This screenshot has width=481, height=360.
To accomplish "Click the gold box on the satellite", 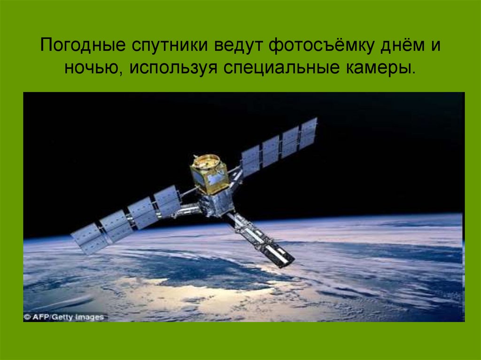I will click(x=209, y=174).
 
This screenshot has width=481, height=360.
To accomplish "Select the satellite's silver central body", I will click(x=216, y=203).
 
